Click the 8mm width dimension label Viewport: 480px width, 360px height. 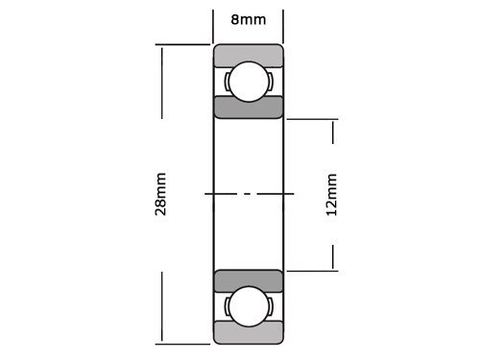(x=249, y=20)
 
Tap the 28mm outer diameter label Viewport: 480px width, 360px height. (x=160, y=194)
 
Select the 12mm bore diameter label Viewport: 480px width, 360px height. (x=331, y=195)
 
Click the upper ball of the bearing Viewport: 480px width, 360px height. (x=249, y=82)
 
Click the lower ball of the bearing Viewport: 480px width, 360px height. (x=249, y=306)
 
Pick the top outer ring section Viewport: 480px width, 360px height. (x=249, y=55)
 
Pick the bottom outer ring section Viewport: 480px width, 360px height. (x=249, y=333)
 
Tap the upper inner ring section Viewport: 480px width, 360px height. (x=249, y=108)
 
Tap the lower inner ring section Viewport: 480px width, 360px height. (x=249, y=281)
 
